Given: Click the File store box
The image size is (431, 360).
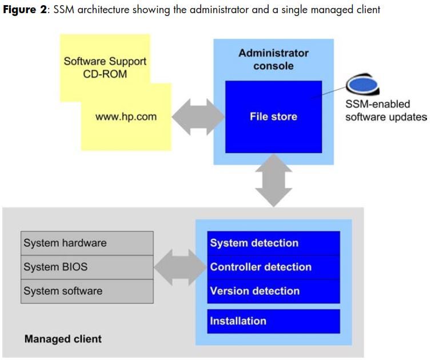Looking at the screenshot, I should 273,117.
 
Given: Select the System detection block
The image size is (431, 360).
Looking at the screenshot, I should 273,243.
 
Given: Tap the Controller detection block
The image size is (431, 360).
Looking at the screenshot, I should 273,267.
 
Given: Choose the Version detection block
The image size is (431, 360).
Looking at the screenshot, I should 273,291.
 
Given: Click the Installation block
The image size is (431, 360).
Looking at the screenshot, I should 273,321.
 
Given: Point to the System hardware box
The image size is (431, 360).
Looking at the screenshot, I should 87,243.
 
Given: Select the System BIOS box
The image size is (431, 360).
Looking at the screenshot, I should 87,267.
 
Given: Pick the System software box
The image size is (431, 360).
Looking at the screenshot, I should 87,291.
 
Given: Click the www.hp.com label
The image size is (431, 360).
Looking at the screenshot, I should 126,117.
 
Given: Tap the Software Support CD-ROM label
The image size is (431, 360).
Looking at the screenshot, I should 105,68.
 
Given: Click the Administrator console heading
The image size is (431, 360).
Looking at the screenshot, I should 273,59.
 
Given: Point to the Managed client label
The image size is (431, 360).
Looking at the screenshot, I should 63,339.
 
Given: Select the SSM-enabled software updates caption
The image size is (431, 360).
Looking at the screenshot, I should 386,111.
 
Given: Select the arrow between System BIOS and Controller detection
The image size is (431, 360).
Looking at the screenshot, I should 179,267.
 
